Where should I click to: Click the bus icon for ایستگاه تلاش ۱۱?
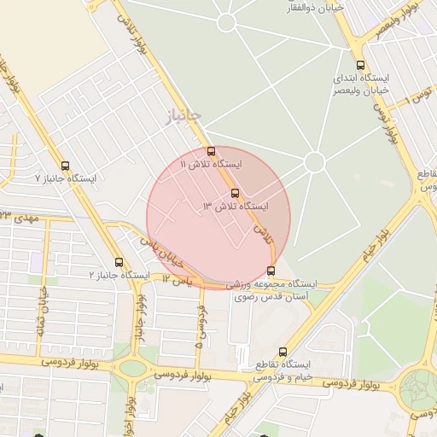(x=212, y=151)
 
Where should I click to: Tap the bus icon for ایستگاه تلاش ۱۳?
(x=236, y=193)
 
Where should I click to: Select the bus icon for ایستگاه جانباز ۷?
(x=66, y=166)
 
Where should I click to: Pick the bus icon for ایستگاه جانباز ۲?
(x=119, y=263)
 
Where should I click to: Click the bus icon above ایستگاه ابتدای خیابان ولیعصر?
(x=360, y=65)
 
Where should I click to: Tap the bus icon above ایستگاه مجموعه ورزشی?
(x=271, y=271)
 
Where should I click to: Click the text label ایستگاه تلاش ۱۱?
(x=212, y=163)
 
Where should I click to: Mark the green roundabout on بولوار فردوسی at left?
(x=133, y=369)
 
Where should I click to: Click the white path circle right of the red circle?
(x=314, y=161)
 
